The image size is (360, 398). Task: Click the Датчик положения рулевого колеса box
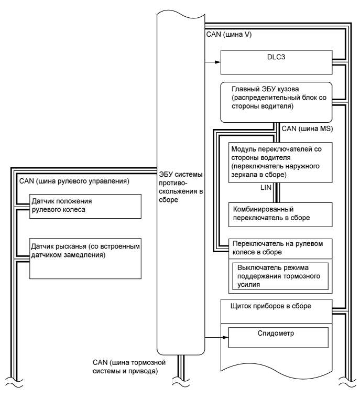[79, 206]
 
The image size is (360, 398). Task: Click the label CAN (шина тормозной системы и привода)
[129, 366]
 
